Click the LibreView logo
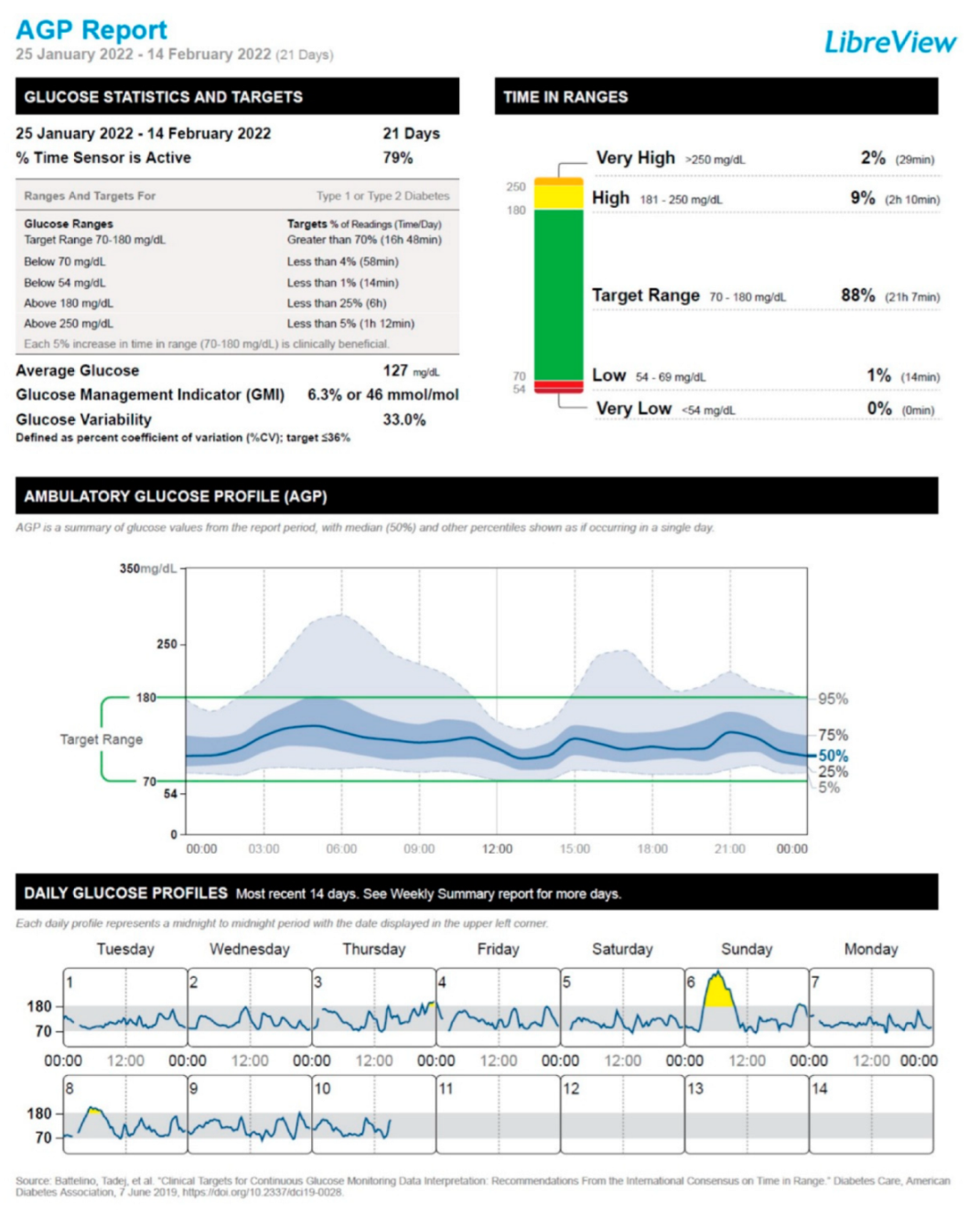click(x=889, y=42)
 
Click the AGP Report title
click(x=91, y=30)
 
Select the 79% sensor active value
click(x=397, y=157)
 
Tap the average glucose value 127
click(x=395, y=371)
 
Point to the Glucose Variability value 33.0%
click(x=403, y=420)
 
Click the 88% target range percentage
click(x=857, y=296)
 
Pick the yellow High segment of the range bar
click(x=558, y=197)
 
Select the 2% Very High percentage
click(x=872, y=158)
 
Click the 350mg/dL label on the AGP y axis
click(x=147, y=568)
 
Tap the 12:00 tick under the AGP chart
click(x=497, y=849)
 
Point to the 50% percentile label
click(x=833, y=756)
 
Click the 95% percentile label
click(x=833, y=699)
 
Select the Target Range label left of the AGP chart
click(x=101, y=739)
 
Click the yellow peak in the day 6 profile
click(x=719, y=992)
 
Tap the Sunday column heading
click(x=747, y=950)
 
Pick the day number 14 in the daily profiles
click(x=819, y=1089)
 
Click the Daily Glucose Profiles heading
click(x=125, y=893)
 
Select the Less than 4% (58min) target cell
click(x=342, y=262)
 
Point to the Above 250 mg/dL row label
click(x=69, y=324)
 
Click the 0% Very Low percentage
click(x=878, y=409)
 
